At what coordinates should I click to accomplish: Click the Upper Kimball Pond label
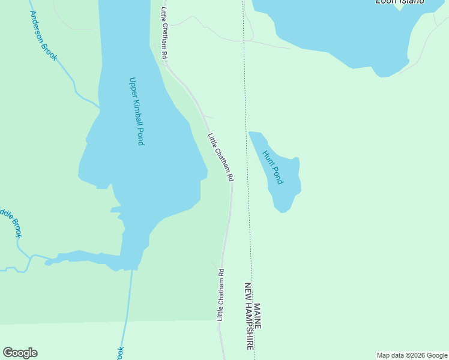click(x=137, y=111)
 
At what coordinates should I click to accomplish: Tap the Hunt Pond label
click(x=273, y=167)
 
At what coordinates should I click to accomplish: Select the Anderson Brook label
click(x=43, y=35)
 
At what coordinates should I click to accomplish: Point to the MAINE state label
click(x=258, y=316)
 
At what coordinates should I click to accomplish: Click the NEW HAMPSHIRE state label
click(x=249, y=316)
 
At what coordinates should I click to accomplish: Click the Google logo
click(x=20, y=353)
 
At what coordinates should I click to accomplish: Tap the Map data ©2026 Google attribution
click(x=412, y=356)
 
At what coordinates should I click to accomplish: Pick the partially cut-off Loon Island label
click(x=400, y=2)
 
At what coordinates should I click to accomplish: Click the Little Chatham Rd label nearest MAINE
click(x=221, y=294)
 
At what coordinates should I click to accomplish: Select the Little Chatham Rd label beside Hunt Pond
click(x=220, y=157)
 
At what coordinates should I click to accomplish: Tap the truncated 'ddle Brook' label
click(x=10, y=221)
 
